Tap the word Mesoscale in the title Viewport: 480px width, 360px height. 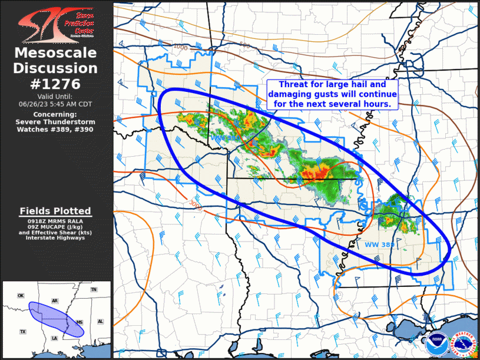55,54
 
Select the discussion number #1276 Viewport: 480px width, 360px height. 55,83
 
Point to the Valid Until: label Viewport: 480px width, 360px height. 55,96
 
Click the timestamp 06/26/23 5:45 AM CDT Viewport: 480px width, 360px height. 55,104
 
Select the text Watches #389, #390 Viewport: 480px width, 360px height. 55,129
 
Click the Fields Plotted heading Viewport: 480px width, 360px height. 55,211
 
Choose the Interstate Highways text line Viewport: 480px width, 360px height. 55,238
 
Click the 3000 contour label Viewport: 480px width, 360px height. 196,204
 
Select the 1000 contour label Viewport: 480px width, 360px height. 180,47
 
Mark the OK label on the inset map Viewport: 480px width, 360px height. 21,295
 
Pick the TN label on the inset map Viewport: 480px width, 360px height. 93,290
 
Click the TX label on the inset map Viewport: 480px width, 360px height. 22,332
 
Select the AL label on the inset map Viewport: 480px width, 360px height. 100,322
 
